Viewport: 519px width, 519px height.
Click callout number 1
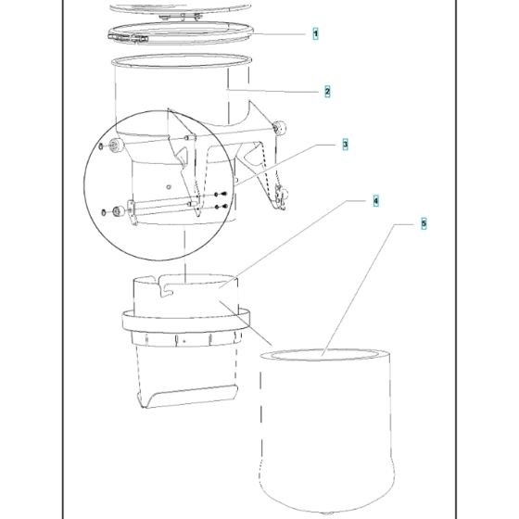(315, 33)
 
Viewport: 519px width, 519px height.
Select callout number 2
(327, 92)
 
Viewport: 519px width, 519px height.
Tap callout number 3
(345, 145)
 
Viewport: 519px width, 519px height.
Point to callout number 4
(375, 201)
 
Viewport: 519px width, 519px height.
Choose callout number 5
(424, 223)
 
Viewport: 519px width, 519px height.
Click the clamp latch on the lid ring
(135, 38)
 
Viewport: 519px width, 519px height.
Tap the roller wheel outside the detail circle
(279, 128)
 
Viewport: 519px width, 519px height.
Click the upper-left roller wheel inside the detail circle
(116, 145)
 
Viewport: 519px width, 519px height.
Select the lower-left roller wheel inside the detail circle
(119, 211)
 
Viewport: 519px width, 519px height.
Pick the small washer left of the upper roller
(101, 146)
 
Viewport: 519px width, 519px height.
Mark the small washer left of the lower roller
(103, 212)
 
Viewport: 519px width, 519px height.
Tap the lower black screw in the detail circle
(222, 207)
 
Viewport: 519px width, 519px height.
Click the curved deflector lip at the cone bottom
(190, 397)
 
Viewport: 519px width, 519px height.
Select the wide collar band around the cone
(186, 321)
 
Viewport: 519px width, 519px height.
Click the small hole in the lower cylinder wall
(169, 187)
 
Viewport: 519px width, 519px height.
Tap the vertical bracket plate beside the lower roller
(132, 212)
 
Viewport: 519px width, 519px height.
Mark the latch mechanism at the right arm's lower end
(280, 197)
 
